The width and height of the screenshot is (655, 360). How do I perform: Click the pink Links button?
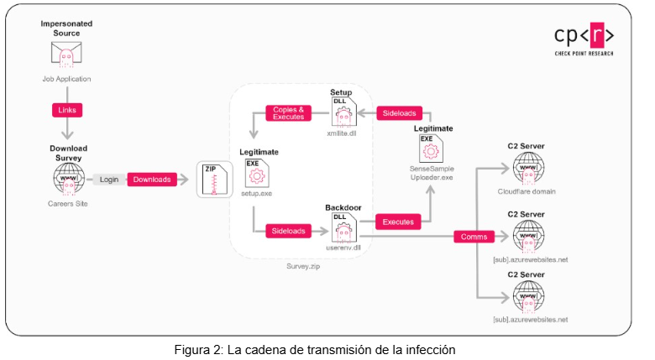coord(65,110)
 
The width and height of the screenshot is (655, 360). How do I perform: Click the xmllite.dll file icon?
coord(342,112)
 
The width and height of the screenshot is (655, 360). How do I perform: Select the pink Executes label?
coord(398,222)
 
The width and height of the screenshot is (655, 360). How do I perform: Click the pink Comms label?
coord(474,237)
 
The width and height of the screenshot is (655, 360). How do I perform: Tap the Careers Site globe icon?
coord(67,177)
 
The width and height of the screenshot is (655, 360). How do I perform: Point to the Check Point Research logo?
coord(584,39)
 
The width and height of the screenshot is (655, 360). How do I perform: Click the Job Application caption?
coord(65,79)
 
